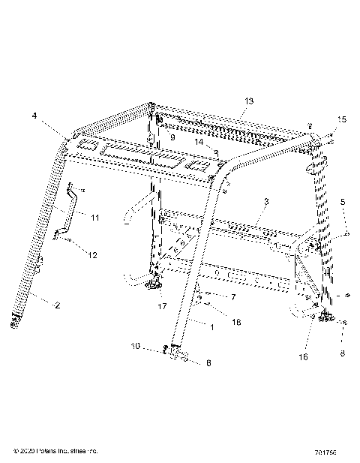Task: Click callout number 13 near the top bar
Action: pos(249,101)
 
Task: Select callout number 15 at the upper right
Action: pos(342,120)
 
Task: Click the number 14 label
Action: pos(198,142)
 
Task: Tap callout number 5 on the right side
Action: pos(343,201)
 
